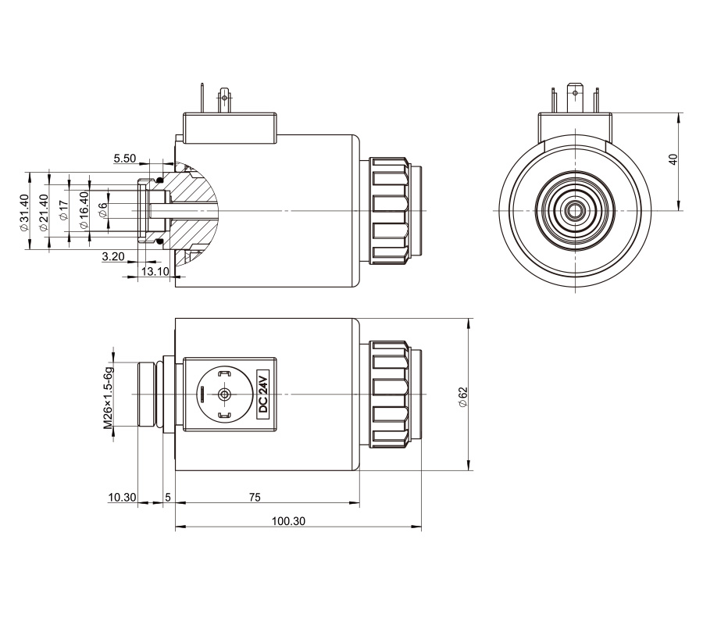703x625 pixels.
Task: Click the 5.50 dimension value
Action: [x=125, y=159]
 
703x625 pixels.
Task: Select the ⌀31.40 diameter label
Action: [x=23, y=211]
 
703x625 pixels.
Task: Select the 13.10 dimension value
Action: [x=154, y=271]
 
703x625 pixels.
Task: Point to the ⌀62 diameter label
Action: [x=462, y=395]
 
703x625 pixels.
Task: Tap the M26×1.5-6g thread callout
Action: [x=110, y=395]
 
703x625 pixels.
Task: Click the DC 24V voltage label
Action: [x=263, y=395]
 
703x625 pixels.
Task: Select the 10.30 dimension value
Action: [x=121, y=497]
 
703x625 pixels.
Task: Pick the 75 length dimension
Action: [x=266, y=497]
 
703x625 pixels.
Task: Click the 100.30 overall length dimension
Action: [x=288, y=521]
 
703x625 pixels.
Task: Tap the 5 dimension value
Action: [x=168, y=497]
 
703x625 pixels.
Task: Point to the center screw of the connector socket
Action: [x=225, y=395]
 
